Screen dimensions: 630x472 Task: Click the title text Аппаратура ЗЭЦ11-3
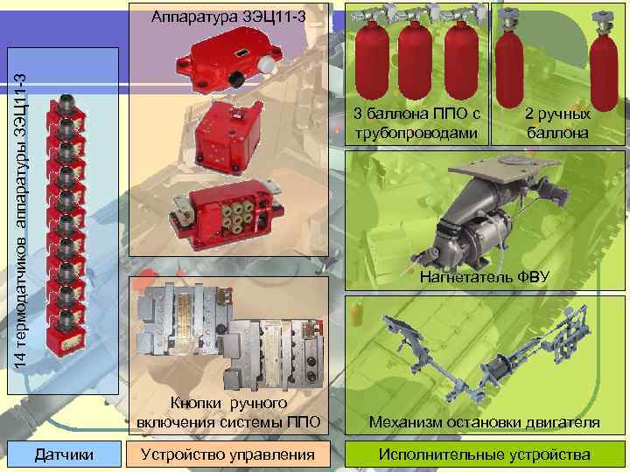pyautogui.click(x=229, y=17)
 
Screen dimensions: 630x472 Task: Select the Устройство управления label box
pyautogui.click(x=230, y=455)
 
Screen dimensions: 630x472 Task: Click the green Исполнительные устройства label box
pyautogui.click(x=483, y=455)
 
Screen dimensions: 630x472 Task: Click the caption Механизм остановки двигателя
pyautogui.click(x=484, y=423)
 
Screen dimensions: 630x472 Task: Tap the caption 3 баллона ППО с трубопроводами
pyautogui.click(x=415, y=123)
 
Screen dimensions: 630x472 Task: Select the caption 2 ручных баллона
pyautogui.click(x=556, y=123)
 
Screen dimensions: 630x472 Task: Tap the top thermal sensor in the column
pyautogui.click(x=67, y=104)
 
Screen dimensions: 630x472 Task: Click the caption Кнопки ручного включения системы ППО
pyautogui.click(x=229, y=413)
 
